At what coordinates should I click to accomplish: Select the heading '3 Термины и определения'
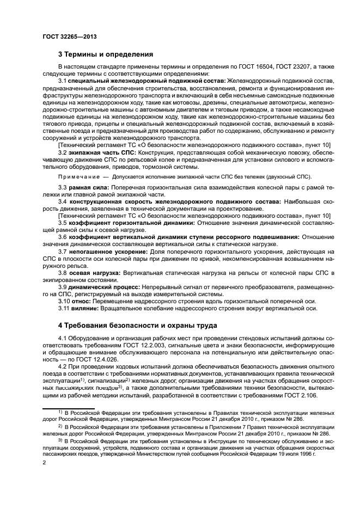pos(105,54)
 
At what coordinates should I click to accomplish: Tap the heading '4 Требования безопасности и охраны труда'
pos(138,325)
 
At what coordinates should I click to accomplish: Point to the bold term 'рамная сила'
pos(88,187)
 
